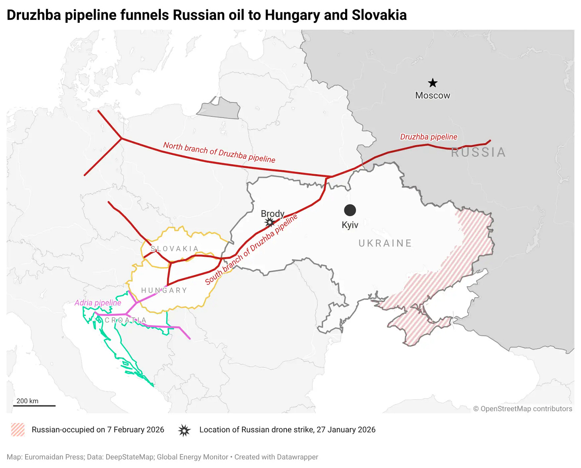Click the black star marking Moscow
coord(433,83)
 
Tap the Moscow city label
coord(433,96)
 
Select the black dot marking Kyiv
coord(350,210)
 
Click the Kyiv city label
coord(350,225)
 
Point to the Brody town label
coord(273,214)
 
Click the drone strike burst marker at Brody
coord(270,222)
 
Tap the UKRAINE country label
coord(385,243)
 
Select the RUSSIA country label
coord(478,152)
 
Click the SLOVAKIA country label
coord(174,249)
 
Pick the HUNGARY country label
coord(164,290)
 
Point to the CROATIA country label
coord(125,320)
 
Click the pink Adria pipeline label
coord(98,303)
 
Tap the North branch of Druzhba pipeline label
coord(219,152)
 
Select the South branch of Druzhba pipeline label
coord(251,249)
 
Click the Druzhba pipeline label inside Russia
coord(429,137)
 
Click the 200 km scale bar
coord(34,405)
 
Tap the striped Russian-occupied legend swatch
coord(18,430)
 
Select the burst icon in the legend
coord(184,430)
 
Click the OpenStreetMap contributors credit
coord(522,409)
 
